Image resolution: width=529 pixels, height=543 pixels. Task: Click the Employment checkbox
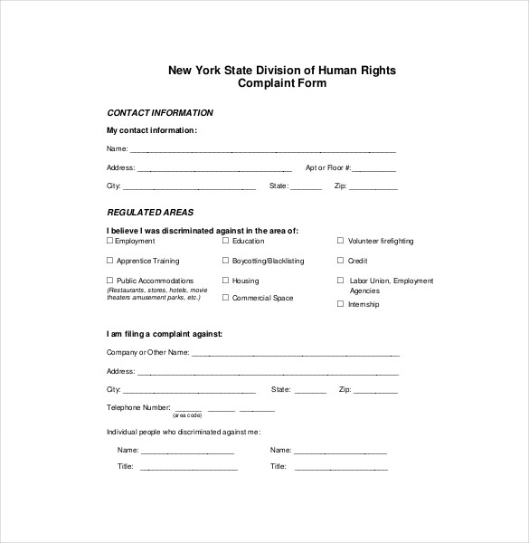[110, 241]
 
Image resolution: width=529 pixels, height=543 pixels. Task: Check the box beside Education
[226, 241]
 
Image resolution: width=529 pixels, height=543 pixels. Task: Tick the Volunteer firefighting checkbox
[341, 241]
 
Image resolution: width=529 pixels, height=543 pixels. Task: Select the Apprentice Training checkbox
[110, 261]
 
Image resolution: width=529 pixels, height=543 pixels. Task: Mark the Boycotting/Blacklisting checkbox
[226, 261]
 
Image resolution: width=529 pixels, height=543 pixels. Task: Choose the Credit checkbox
[341, 261]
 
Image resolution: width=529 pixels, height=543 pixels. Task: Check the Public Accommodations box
[110, 281]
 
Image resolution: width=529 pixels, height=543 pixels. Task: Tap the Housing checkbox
[226, 281]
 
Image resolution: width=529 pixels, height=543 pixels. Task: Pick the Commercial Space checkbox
[226, 297]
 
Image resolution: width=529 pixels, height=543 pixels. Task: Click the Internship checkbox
[341, 304]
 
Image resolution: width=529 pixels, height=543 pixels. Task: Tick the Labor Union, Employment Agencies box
[341, 281]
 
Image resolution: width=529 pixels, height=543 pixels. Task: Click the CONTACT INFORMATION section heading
[160, 113]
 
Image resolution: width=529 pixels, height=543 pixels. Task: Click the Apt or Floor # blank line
[374, 170]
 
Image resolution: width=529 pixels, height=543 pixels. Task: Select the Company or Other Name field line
[296, 354]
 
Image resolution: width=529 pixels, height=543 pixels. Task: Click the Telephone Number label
[137, 407]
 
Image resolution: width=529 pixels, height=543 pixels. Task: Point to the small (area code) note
[186, 415]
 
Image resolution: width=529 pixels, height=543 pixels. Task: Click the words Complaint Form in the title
[281, 83]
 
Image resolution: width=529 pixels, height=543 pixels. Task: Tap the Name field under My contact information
[263, 150]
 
